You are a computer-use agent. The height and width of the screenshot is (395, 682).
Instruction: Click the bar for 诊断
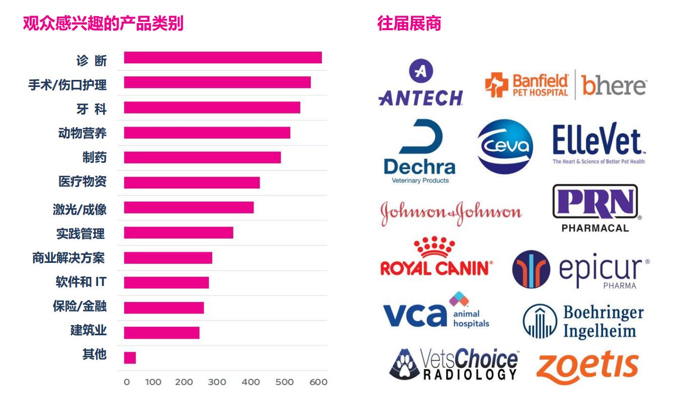point(223,58)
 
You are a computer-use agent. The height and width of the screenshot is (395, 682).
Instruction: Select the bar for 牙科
point(212,108)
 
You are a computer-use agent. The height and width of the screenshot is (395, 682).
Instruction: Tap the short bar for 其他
point(130,358)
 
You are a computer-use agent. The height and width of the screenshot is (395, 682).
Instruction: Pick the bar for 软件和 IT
point(166,282)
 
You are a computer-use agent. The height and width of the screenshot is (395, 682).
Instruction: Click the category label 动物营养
point(82,134)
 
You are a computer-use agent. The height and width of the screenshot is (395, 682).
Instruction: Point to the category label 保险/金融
point(79,306)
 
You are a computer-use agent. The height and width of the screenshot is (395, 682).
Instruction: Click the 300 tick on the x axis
point(217,382)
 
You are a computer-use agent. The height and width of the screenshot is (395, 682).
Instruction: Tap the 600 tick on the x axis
point(318,382)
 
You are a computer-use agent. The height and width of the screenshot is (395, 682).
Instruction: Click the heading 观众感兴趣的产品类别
point(103,24)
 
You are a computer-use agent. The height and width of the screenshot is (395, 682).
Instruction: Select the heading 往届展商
point(409,24)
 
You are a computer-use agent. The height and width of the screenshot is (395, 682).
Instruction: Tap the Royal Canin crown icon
point(435,247)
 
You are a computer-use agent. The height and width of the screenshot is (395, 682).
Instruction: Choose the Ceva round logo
point(505,146)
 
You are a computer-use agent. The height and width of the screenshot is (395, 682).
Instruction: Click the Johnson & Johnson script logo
point(451,213)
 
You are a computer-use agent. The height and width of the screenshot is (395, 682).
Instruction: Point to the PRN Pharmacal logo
point(595,208)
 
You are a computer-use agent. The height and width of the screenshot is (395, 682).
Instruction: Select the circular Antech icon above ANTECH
point(420,71)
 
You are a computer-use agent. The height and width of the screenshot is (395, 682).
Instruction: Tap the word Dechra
point(419,167)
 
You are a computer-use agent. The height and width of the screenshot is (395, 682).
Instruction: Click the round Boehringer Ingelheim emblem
point(539,321)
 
